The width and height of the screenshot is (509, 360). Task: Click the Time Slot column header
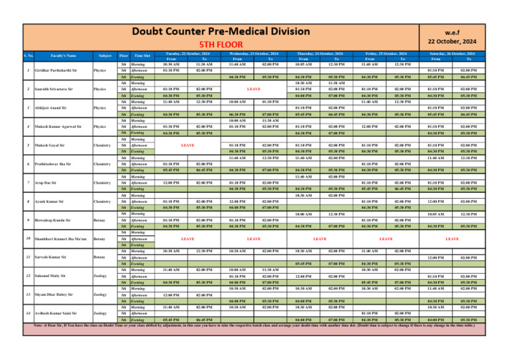click(142, 56)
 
